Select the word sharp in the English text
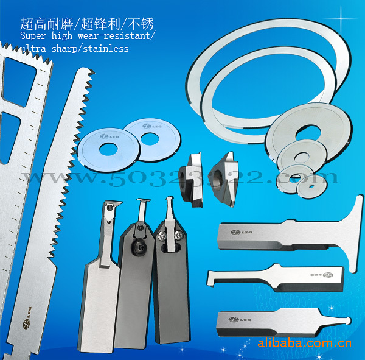(x=63, y=48)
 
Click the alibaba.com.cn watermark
(x=304, y=343)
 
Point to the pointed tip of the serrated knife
(x=81, y=72)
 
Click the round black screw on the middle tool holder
(x=139, y=249)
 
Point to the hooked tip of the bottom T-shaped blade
(x=347, y=321)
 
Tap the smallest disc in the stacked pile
(x=295, y=178)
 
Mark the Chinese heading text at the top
(x=87, y=24)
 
